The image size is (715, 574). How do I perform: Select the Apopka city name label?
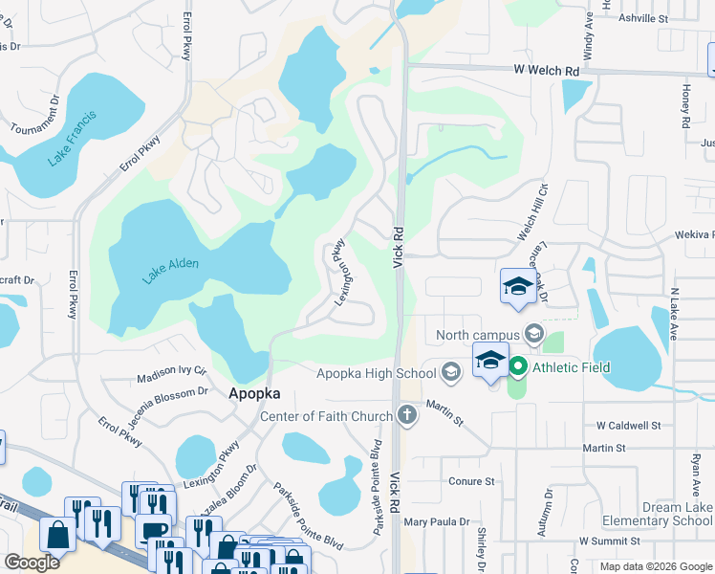254,393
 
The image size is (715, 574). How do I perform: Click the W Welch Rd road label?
547,71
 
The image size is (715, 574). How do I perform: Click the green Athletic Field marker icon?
518,367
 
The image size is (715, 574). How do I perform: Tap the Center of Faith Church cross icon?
408,415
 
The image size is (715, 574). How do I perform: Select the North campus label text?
477,335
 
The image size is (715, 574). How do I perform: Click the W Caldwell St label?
628,425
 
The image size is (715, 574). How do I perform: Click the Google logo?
32,562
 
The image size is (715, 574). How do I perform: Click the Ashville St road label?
642,18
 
